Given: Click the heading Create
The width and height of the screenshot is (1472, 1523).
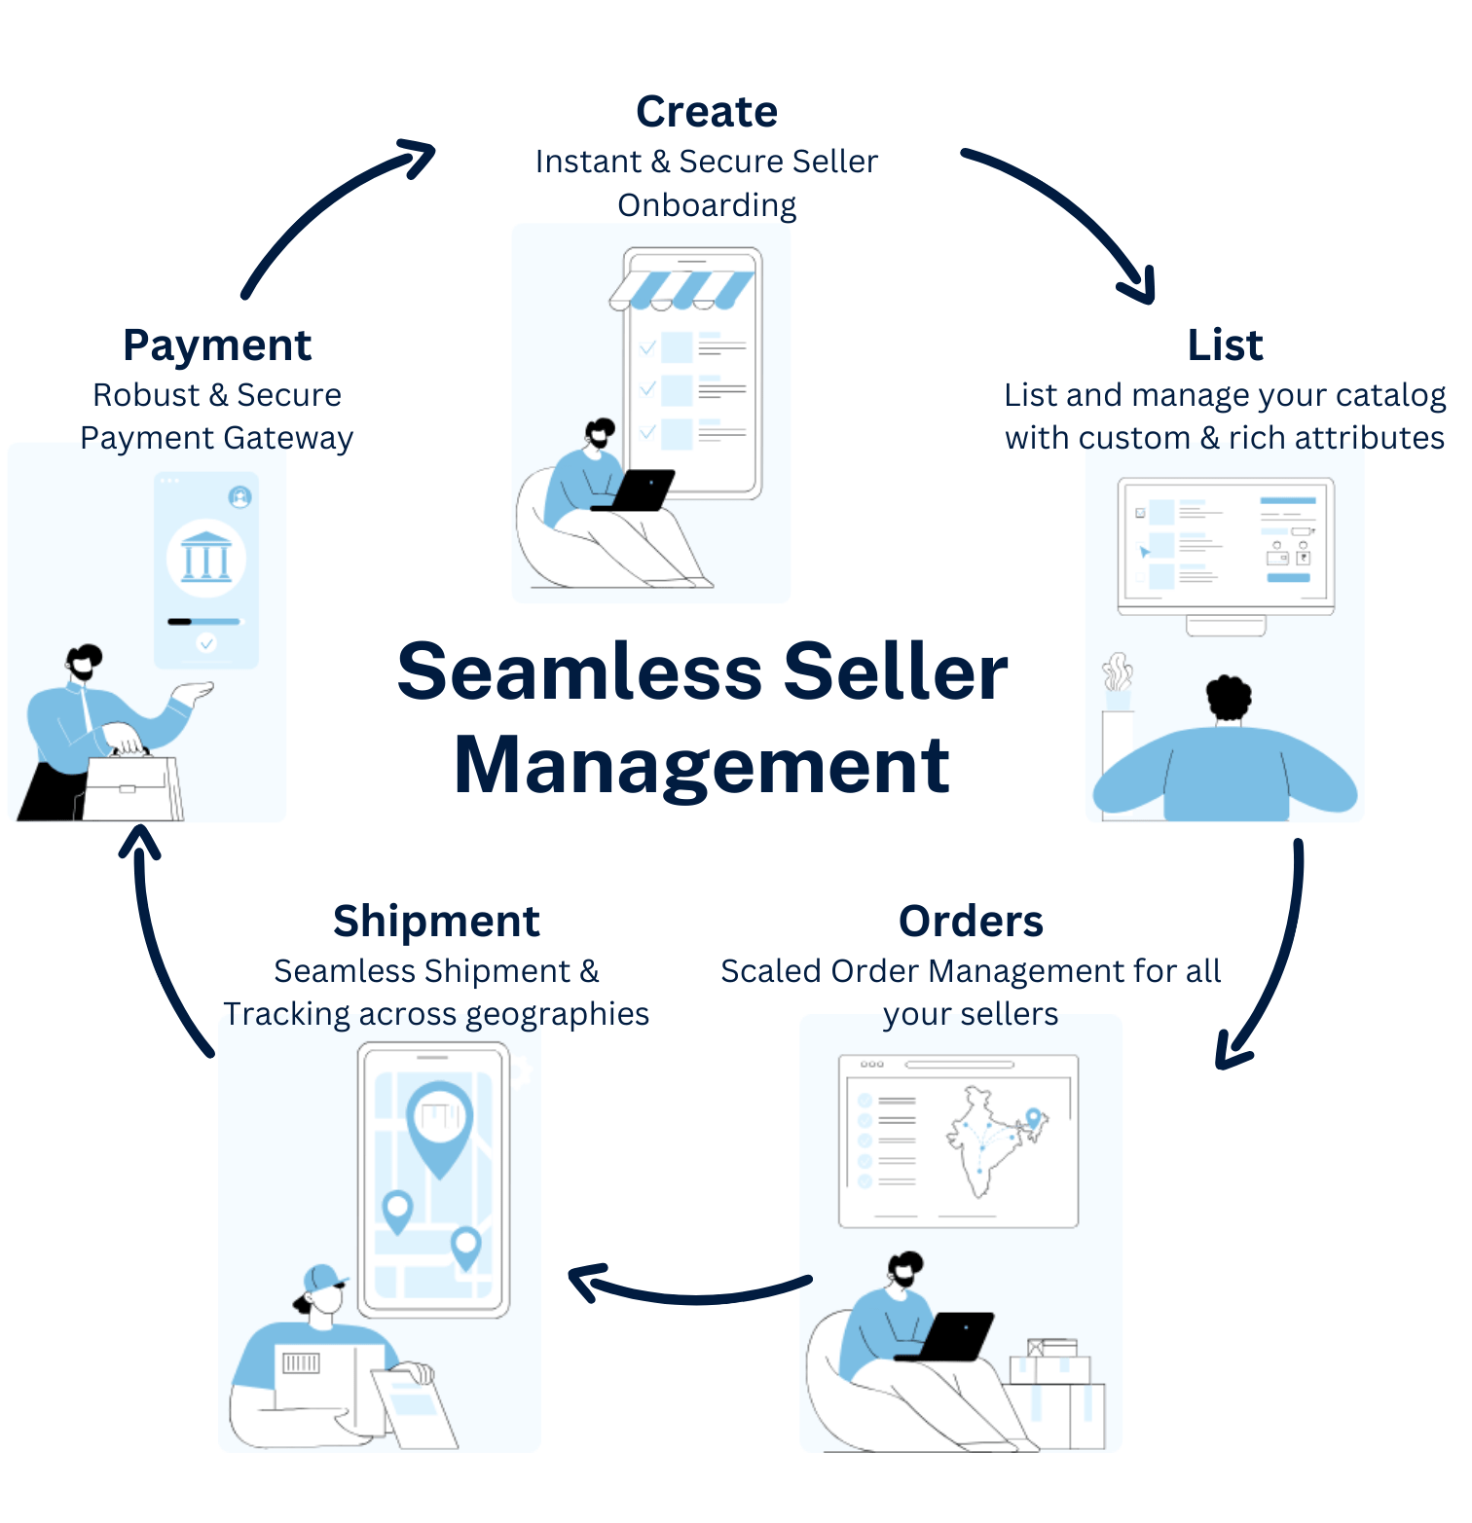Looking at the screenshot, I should click(707, 112).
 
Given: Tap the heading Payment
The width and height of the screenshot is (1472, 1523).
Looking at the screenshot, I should click(216, 345).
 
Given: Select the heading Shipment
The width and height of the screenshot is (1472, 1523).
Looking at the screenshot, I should click(436, 922).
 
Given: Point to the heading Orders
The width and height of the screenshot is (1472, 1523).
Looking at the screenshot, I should click(971, 922).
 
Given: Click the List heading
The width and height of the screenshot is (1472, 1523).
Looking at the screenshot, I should click(1225, 345).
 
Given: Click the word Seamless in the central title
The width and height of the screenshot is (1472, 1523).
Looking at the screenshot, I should click(580, 672).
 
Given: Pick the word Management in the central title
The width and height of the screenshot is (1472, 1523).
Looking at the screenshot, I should click(701, 766).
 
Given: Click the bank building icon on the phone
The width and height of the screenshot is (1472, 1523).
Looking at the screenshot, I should click(206, 558).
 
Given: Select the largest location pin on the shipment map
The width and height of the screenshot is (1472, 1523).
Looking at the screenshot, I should click(439, 1124).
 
